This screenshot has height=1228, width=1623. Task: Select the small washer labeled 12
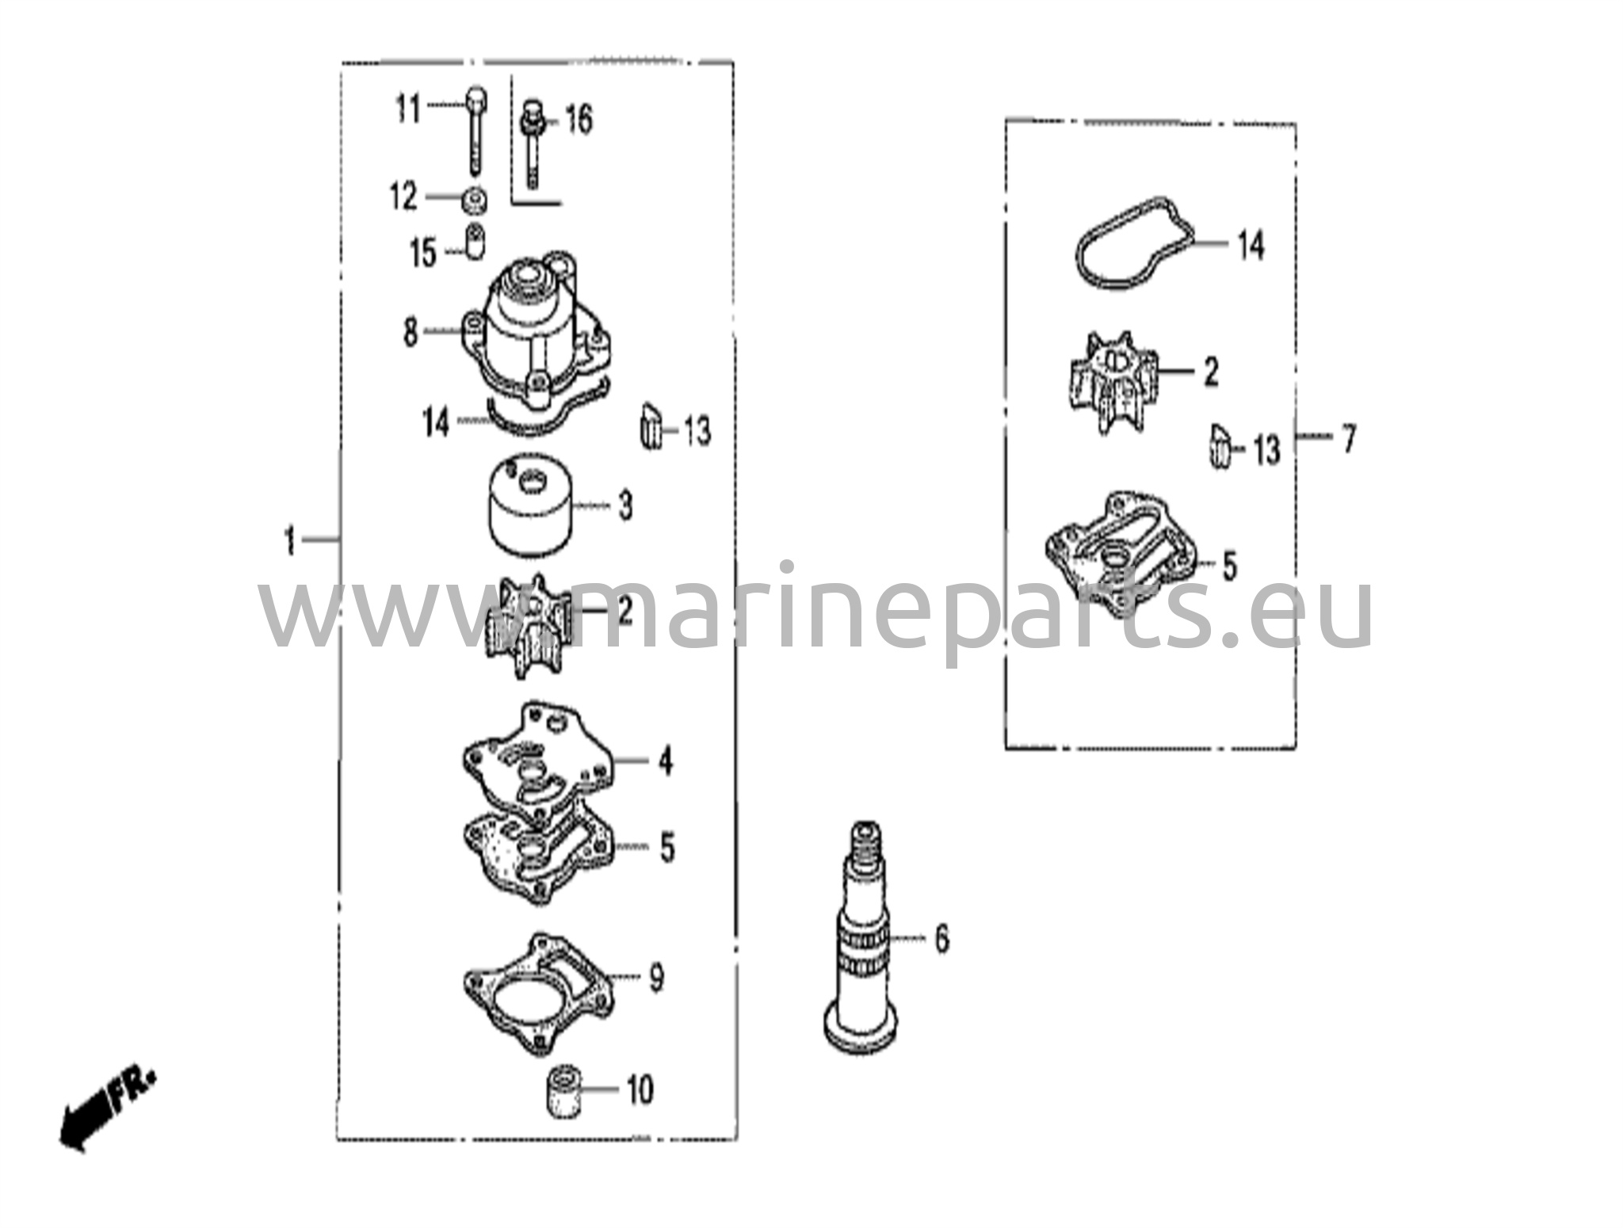click(474, 200)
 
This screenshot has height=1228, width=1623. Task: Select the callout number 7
click(1348, 438)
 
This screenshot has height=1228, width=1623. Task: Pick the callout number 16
click(579, 120)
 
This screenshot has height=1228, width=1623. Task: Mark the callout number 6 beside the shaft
click(941, 939)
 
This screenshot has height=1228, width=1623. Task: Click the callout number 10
click(640, 1091)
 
